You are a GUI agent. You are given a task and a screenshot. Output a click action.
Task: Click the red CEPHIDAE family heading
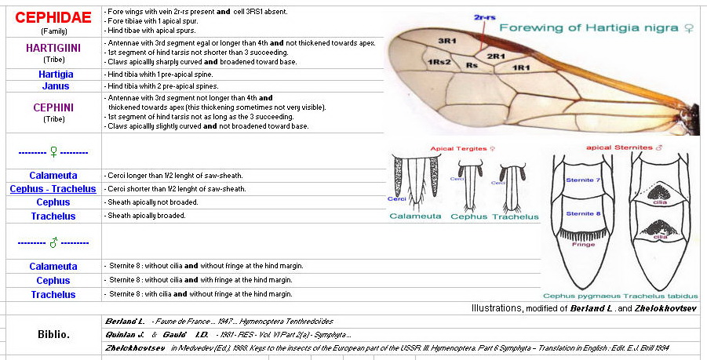52,17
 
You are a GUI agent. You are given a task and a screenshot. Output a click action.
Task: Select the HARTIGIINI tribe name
51,48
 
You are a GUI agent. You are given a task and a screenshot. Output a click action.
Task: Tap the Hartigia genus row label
51,74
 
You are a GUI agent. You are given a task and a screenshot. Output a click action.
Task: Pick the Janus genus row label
51,86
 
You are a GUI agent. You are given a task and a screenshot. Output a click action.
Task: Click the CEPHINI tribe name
51,107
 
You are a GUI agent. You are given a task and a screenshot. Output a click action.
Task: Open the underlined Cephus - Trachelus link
53,189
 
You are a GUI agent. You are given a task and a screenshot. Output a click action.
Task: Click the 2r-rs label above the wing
485,16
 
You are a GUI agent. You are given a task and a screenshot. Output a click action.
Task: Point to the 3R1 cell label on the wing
447,40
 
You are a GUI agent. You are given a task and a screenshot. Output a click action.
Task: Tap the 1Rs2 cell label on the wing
439,62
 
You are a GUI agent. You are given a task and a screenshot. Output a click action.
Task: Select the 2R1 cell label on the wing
496,56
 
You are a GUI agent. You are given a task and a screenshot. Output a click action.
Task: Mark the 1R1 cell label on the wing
522,68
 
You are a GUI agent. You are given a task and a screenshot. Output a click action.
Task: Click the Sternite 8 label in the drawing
581,213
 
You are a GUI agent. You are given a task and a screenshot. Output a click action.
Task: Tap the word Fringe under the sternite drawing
582,244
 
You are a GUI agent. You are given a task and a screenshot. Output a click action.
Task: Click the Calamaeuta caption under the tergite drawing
416,216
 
